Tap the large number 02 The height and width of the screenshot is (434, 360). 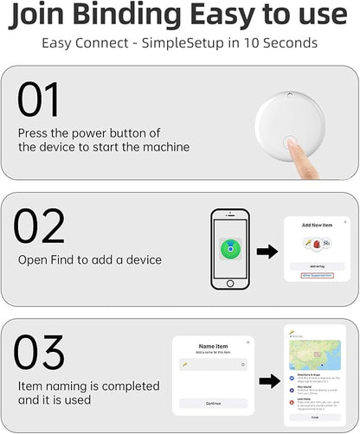coord(40,227)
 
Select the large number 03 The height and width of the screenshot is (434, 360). coord(41,354)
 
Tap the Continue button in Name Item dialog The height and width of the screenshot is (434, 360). coord(214,403)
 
